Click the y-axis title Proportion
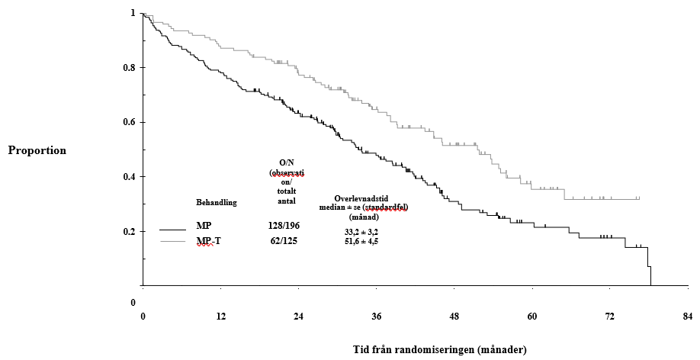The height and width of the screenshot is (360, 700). tap(37, 150)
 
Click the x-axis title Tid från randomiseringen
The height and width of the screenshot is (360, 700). tap(440, 349)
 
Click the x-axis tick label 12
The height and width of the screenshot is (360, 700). tap(220, 317)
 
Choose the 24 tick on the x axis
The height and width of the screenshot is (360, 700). tap(298, 317)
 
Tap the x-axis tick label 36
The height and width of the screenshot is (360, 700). tap(376, 317)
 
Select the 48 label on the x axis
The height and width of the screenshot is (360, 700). tap(454, 317)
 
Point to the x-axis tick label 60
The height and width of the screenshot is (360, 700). tap(532, 317)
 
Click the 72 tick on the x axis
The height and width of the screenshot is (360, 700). tap(610, 317)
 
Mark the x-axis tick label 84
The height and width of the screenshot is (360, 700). tap(688, 317)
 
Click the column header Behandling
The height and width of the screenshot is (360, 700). tap(217, 203)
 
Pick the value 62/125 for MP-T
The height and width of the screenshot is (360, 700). tap(286, 241)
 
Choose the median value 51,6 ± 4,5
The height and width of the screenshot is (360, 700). tap(361, 241)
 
